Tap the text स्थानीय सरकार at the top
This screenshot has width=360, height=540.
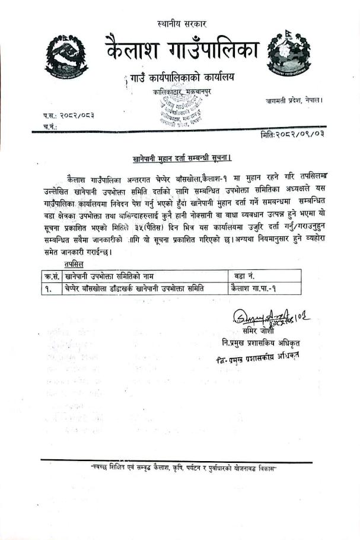181,24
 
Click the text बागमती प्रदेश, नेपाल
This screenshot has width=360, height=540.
294,101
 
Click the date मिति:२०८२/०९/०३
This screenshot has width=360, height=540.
292,135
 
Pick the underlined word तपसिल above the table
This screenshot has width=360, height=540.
74,263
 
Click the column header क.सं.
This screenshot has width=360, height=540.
50,275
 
